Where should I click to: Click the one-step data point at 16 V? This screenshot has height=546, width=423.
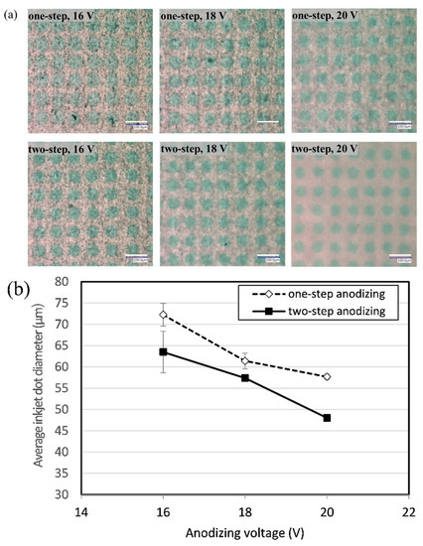point(163,315)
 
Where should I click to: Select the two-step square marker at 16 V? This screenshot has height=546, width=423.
point(163,351)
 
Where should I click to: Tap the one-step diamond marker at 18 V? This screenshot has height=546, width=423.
point(245,360)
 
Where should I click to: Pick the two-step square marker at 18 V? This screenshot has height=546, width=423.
point(245,377)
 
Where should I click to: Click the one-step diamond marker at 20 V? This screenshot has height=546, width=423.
point(327,376)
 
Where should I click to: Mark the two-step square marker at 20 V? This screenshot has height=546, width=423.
point(327,417)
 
